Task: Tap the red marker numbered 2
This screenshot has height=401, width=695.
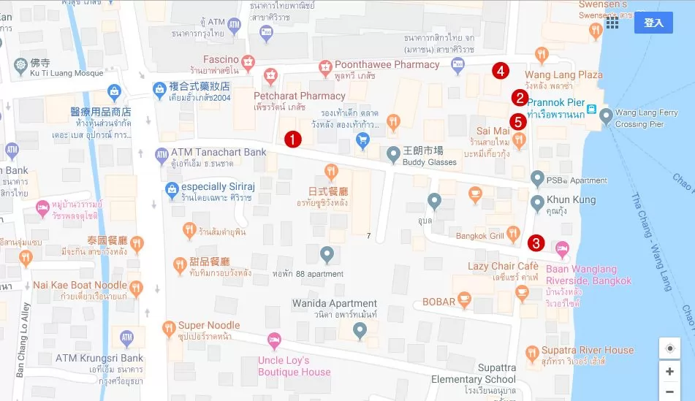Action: click(520, 97)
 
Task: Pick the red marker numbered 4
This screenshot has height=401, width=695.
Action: click(501, 71)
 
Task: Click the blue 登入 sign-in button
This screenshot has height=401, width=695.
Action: click(653, 23)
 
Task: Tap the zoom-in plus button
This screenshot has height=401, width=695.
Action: click(669, 371)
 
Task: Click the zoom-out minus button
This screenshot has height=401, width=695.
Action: click(669, 392)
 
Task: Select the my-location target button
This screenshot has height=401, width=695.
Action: click(669, 348)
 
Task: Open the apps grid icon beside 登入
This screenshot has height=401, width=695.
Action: click(612, 23)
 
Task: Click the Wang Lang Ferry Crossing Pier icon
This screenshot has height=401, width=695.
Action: click(605, 114)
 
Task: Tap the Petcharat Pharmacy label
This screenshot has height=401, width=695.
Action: click(299, 96)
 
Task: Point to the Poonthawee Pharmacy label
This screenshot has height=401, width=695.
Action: click(387, 64)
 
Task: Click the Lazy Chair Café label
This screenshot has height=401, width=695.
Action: click(503, 266)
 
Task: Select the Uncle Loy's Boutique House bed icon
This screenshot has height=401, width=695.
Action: click(274, 340)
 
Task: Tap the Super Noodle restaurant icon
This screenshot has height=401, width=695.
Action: click(168, 326)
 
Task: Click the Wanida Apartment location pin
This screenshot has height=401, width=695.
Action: click(359, 332)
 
